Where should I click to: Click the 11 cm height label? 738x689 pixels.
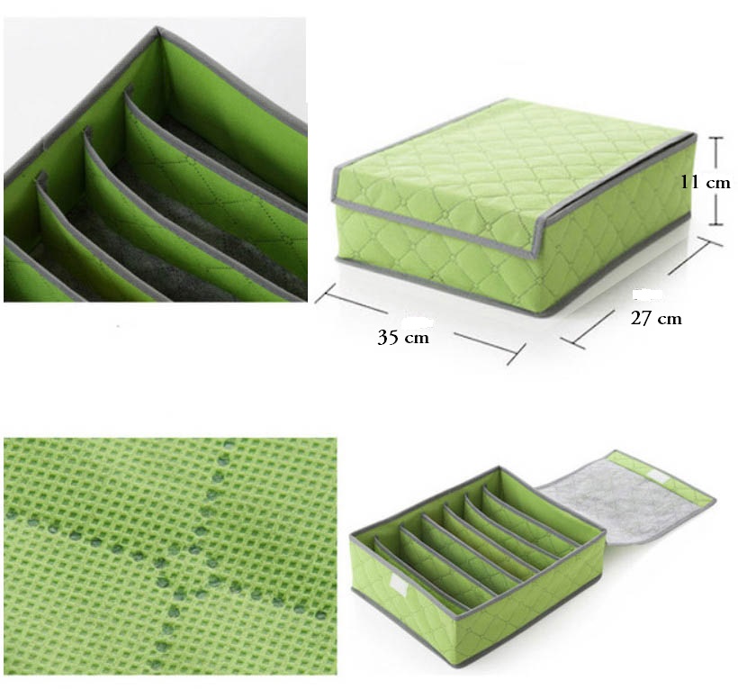[x=706, y=183]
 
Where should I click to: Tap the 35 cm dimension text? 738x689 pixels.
[x=403, y=337]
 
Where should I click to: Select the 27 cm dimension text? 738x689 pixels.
[x=656, y=319]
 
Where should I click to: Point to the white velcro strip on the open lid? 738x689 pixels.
[x=661, y=477]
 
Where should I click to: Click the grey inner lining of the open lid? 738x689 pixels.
[x=621, y=509]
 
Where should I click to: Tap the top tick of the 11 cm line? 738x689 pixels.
[x=715, y=138]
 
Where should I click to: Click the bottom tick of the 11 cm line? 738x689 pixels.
[x=715, y=224]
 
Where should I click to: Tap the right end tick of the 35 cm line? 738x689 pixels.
[x=516, y=354]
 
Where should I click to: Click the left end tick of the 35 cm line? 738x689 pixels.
[x=325, y=293]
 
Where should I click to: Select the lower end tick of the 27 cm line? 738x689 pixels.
[x=573, y=343]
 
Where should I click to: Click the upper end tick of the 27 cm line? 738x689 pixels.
[x=709, y=241]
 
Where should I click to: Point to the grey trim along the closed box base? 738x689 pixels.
[x=513, y=287]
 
